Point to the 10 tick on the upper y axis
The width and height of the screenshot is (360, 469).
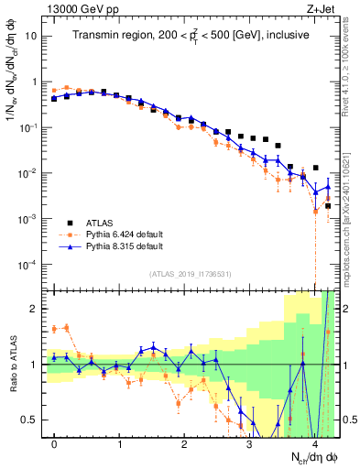[33, 36]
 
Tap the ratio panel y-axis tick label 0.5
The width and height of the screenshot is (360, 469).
[33, 420]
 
